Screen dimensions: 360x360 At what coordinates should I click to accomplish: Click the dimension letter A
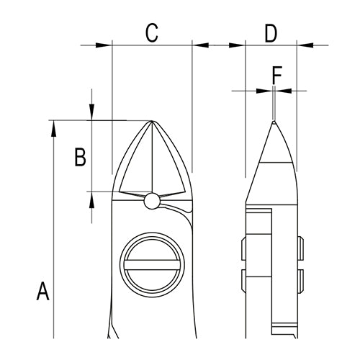tap(43, 291)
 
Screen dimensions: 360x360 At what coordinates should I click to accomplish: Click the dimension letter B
tap(81, 157)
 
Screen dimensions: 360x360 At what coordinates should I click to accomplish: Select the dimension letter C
tap(152, 33)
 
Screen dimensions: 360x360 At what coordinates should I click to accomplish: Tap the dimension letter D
tap(271, 33)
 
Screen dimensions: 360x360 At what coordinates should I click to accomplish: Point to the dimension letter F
tap(276, 75)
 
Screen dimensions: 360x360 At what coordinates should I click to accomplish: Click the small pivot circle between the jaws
tap(152, 201)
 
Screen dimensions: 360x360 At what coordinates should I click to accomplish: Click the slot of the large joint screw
tap(152, 265)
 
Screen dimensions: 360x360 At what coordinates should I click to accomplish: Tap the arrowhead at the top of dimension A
tap(53, 128)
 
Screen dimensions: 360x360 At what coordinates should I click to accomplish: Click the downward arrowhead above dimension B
tap(91, 112)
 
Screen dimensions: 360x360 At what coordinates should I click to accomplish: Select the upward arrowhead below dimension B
tap(91, 199)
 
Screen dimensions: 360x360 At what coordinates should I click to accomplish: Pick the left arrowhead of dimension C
tap(104, 45)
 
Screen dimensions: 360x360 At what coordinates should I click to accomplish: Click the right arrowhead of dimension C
tap(200, 45)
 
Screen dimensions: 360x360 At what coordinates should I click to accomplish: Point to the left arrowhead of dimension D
tap(237, 45)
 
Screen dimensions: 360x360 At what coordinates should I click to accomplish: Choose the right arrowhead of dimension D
tap(305, 45)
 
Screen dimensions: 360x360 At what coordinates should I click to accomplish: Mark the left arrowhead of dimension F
tap(264, 91)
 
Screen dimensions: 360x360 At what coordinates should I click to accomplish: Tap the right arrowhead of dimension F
tap(283, 91)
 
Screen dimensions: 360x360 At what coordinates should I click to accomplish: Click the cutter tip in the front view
tap(152, 121)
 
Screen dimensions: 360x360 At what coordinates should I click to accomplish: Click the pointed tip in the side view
tap(274, 122)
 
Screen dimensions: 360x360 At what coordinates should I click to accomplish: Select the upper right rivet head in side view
tap(300, 248)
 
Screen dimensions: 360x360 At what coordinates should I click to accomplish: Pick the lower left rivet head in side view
tap(243, 281)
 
